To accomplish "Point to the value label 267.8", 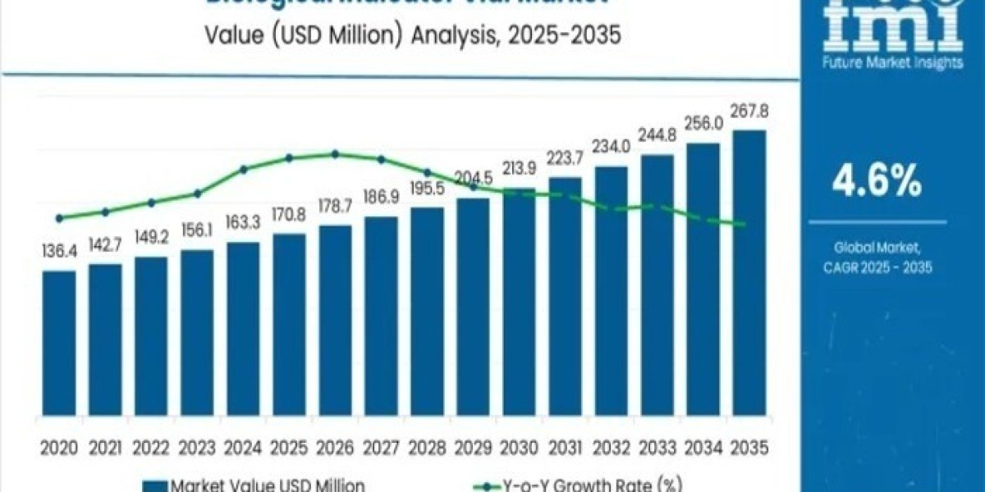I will pos(749,112).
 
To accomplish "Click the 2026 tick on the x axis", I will pos(335,448).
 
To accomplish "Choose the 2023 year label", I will pos(197,448).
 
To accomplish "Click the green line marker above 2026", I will pos(335,153).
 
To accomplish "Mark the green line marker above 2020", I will pos(59,218).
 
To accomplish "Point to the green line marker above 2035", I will pos(744,225).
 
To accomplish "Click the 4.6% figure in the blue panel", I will pos(876,182).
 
